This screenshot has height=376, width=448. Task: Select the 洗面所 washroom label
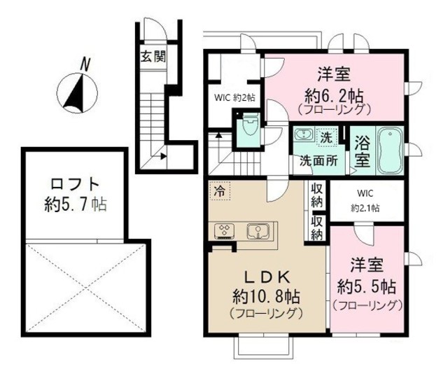[x=318, y=160]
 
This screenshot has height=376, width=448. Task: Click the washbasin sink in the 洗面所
[x=303, y=136]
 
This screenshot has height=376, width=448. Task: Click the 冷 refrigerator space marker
[x=220, y=190]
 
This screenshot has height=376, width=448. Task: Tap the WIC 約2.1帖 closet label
[x=365, y=200]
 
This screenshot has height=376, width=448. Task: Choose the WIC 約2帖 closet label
[x=234, y=97]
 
